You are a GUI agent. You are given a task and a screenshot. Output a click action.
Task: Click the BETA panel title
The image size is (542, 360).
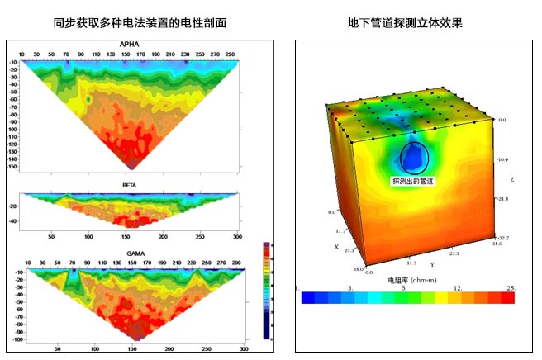pos(130,185)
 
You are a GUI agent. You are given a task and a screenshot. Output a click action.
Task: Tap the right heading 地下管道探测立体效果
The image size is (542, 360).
pos(405,22)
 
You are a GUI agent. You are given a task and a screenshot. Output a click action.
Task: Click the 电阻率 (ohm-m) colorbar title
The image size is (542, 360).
pos(411,280)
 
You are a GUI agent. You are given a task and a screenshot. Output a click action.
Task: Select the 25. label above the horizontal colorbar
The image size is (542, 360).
pos(511,287)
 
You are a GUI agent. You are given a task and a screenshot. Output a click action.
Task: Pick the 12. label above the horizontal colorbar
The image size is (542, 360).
pos(458,287)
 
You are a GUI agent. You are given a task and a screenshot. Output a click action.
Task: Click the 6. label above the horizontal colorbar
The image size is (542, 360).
pos(403,287)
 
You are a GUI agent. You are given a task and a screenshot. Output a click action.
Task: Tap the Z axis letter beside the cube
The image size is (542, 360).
pos(512,178)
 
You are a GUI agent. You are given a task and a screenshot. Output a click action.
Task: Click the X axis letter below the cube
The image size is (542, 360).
pos(336,247)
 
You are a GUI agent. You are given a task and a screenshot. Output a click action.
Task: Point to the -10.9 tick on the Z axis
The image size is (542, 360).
pos(503,159)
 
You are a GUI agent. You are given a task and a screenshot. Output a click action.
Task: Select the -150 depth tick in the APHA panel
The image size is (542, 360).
pos(13,167)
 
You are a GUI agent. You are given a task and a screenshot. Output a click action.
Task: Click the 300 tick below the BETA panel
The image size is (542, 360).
pos(238,236)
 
